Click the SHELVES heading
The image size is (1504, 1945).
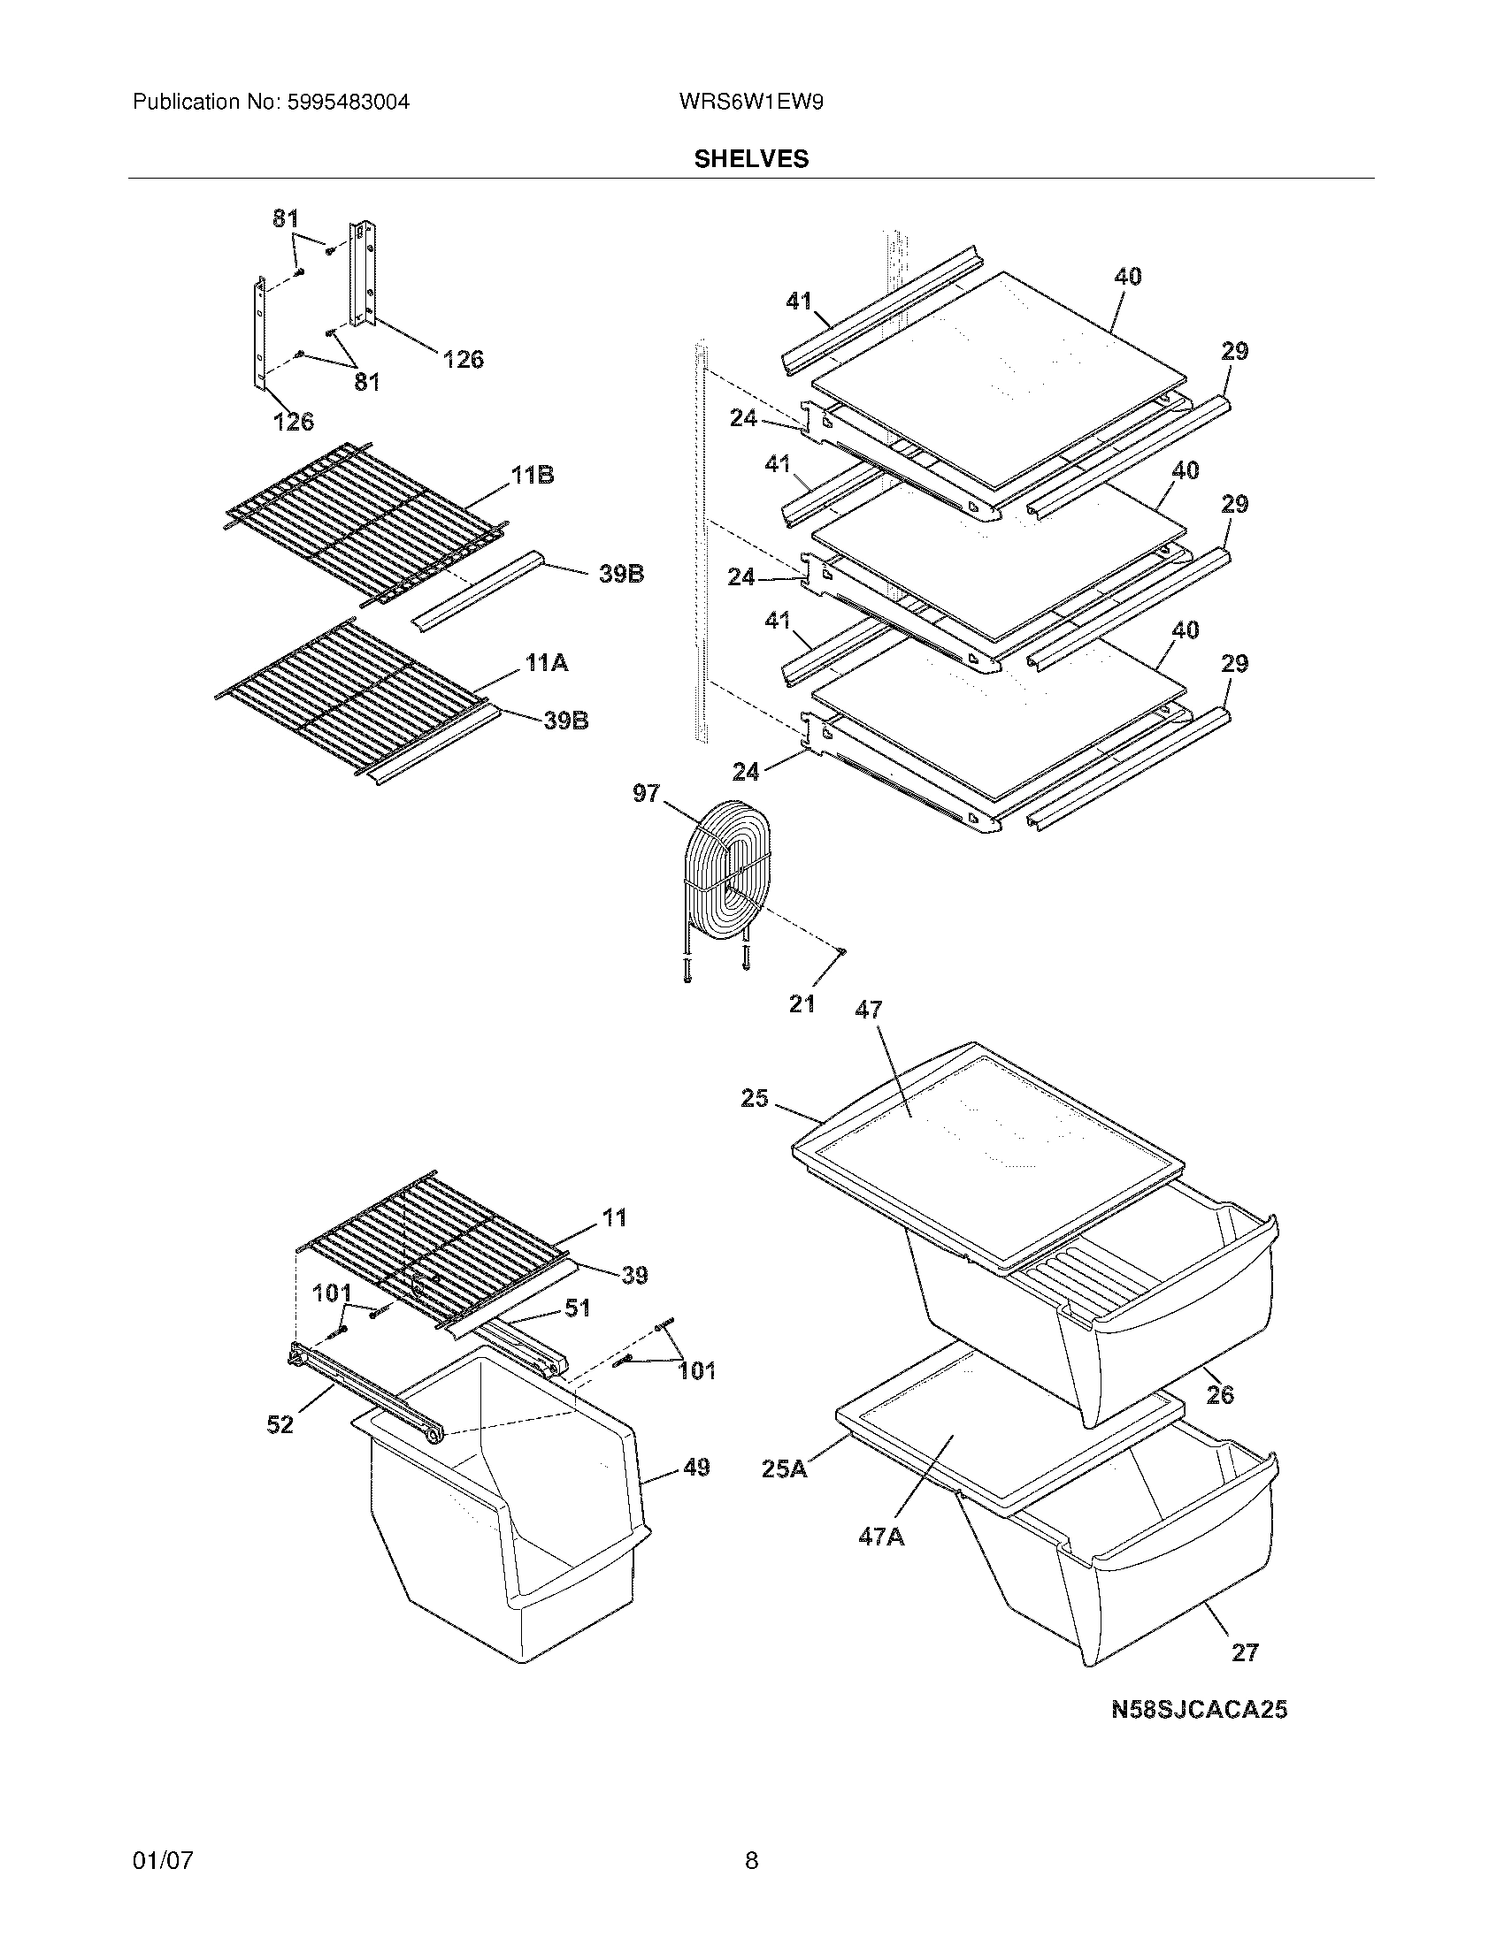pyautogui.click(x=751, y=158)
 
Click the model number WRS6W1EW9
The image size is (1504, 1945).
pyautogui.click(x=750, y=102)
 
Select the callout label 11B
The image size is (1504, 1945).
pyautogui.click(x=532, y=476)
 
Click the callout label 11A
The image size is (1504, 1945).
pyautogui.click(x=546, y=662)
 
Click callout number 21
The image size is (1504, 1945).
pyautogui.click(x=802, y=1003)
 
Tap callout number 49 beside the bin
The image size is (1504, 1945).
pyautogui.click(x=696, y=1467)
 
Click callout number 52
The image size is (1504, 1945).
pyautogui.click(x=280, y=1425)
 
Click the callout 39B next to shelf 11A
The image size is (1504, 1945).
pyautogui.click(x=567, y=721)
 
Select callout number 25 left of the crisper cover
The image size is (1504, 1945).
pyautogui.click(x=754, y=1098)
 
